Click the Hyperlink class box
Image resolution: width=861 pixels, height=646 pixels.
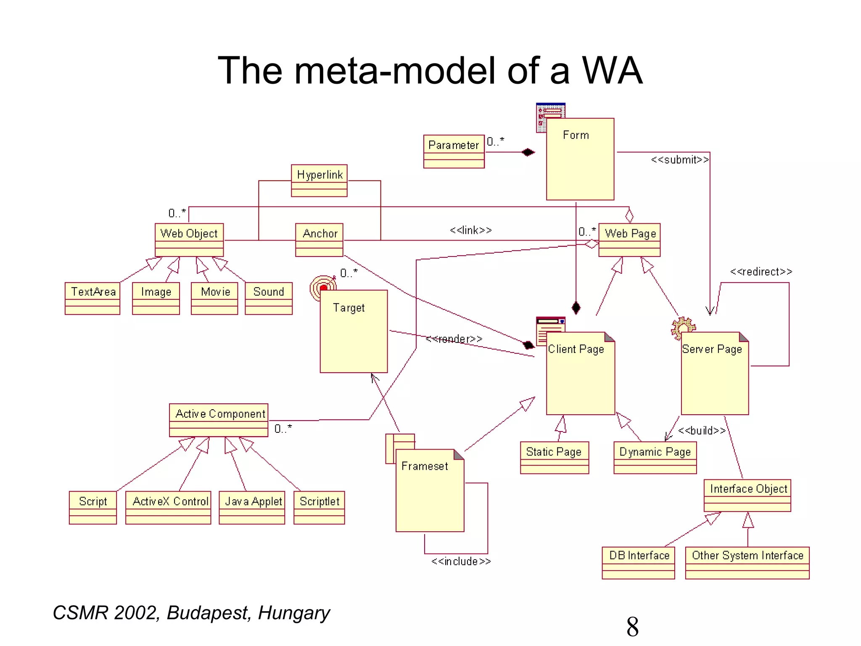click(x=319, y=180)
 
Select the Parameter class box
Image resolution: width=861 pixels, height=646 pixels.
click(x=454, y=151)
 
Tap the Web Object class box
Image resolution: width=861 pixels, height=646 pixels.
click(x=189, y=240)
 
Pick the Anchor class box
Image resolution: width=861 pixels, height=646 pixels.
click(x=319, y=240)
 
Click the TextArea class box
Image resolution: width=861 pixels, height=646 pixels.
click(x=92, y=298)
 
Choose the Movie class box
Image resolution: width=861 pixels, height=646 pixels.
click(x=214, y=298)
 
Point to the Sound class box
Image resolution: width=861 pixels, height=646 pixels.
click(x=269, y=298)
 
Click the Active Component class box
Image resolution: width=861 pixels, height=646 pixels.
click(x=219, y=420)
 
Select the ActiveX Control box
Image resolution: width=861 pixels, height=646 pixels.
click(x=168, y=507)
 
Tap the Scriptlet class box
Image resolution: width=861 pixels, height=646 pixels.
click(x=319, y=507)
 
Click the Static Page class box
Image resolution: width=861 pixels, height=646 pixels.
click(x=555, y=458)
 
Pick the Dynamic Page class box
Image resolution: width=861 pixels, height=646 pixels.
click(x=655, y=458)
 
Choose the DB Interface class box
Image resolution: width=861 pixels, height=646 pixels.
click(x=638, y=563)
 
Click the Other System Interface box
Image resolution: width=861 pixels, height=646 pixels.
click(x=747, y=563)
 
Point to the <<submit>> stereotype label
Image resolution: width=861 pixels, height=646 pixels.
click(x=679, y=160)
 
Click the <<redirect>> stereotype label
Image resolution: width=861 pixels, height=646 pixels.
click(x=761, y=272)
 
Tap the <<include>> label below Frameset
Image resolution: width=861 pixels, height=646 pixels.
click(x=461, y=561)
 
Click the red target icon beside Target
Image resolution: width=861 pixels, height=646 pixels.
click(x=322, y=288)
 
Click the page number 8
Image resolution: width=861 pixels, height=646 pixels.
click(x=632, y=627)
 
